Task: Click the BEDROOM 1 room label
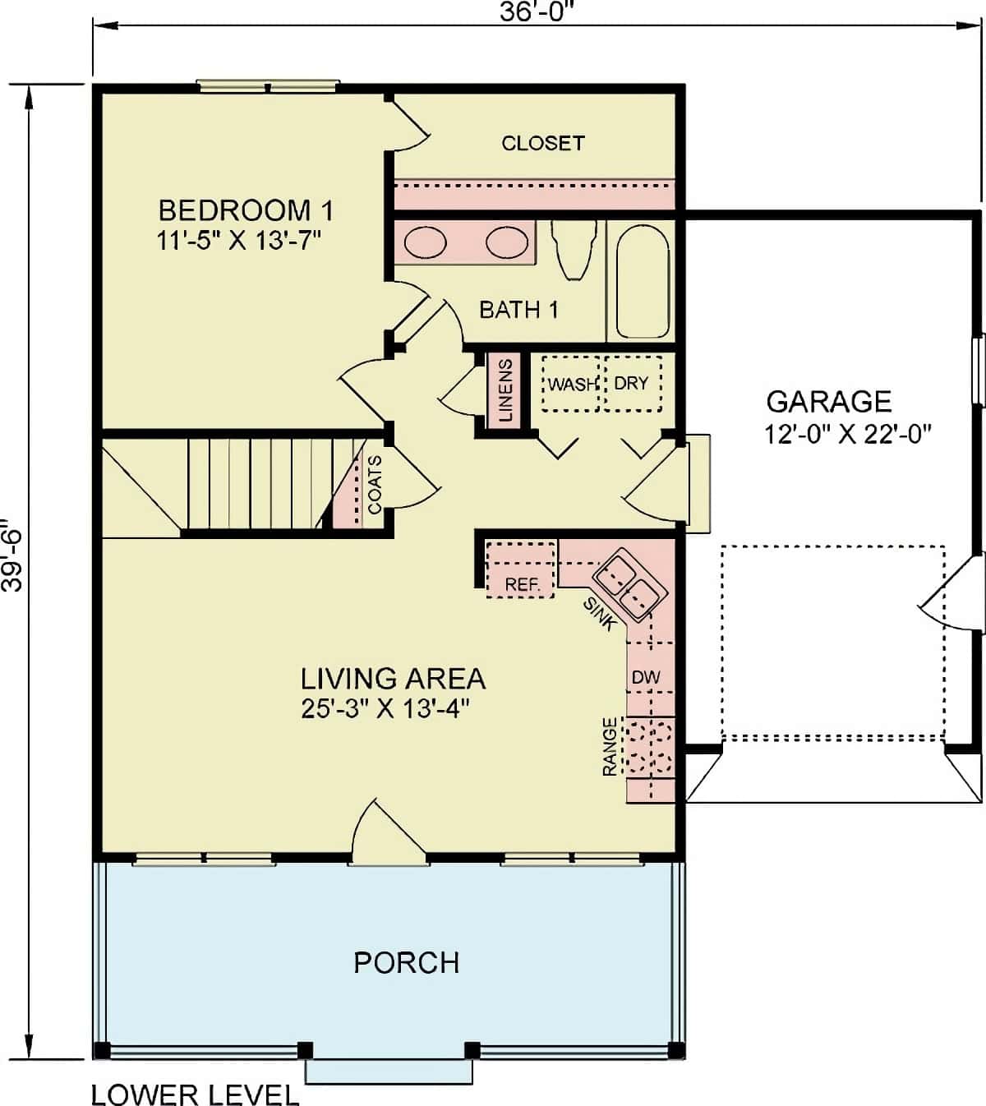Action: tap(245, 210)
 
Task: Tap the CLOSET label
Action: tap(542, 143)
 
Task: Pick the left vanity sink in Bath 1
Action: tap(426, 243)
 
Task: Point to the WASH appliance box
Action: tap(570, 384)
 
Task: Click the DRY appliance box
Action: tap(633, 384)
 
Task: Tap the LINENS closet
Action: tap(505, 389)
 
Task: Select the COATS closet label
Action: tap(375, 485)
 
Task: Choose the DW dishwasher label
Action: tap(646, 678)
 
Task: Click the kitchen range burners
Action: tap(649, 748)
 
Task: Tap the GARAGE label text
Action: tap(828, 401)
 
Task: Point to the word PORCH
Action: tap(406, 962)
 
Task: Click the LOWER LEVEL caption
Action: tap(195, 1094)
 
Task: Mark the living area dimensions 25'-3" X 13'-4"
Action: tap(385, 708)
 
